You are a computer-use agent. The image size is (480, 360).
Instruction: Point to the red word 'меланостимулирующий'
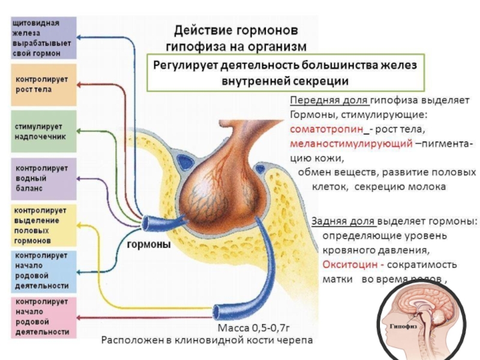coord(350,145)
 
